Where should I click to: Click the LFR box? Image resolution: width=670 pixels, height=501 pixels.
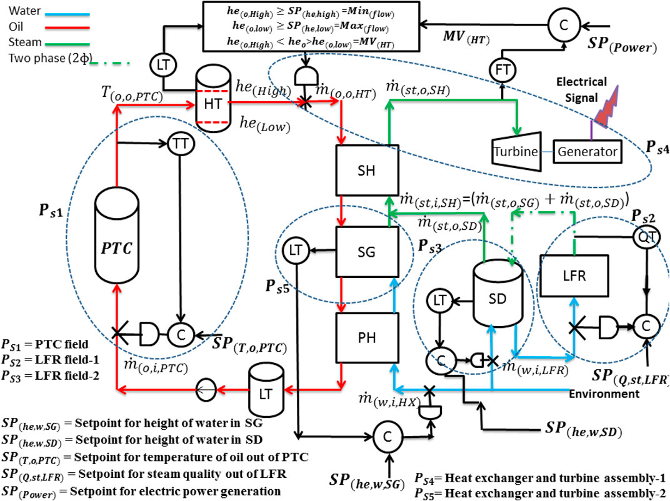570,275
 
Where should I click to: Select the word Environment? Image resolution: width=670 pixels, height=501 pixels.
604,394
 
